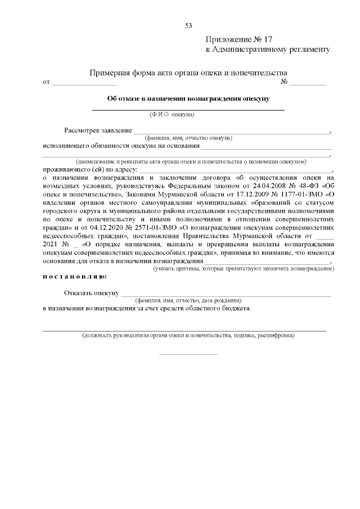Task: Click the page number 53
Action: (x=188, y=26)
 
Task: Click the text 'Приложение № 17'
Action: (x=239, y=40)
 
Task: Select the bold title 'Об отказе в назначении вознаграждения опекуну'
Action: (x=188, y=98)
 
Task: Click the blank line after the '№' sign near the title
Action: (x=307, y=83)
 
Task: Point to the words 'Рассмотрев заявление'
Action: (x=98, y=130)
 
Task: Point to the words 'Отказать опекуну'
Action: (x=91, y=293)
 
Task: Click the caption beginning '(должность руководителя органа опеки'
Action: (x=187, y=335)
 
